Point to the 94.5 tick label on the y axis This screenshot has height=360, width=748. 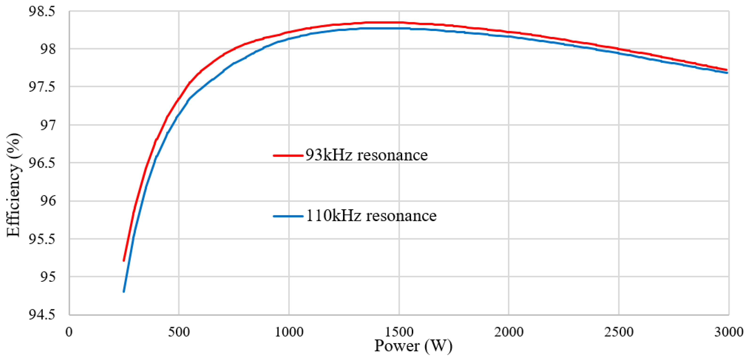click(x=42, y=315)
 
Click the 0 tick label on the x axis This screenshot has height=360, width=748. click(x=69, y=332)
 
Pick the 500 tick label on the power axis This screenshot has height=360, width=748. click(x=179, y=332)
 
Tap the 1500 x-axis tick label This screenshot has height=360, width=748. click(x=399, y=332)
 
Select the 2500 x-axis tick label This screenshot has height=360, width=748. click(x=619, y=332)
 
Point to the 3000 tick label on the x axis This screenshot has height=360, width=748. click(x=728, y=332)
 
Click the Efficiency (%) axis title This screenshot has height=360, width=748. click(x=14, y=185)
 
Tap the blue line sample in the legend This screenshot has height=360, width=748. click(x=288, y=216)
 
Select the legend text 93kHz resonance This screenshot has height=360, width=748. click(x=366, y=155)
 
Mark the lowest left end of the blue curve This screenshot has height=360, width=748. click(x=124, y=291)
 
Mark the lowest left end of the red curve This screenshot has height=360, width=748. click(x=124, y=260)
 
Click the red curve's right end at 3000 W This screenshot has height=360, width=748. click(x=727, y=70)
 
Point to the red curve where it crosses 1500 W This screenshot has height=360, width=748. click(x=399, y=22)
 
